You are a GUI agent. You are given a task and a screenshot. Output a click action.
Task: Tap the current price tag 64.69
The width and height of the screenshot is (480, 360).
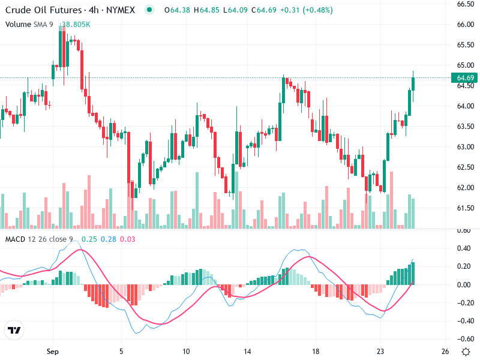(x=466, y=78)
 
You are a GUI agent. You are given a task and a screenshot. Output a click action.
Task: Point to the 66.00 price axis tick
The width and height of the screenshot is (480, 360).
(x=466, y=25)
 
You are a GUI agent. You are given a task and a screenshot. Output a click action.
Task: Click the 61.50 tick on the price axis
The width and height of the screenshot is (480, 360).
(x=466, y=208)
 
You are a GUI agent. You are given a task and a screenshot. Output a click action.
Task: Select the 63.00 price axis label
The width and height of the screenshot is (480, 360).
(x=466, y=147)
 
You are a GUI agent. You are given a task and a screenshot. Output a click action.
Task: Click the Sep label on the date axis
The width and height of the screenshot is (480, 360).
(x=53, y=350)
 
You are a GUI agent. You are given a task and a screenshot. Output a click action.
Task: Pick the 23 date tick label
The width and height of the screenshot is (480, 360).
(x=380, y=350)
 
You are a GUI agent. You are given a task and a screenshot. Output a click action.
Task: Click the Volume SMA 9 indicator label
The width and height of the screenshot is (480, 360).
(x=29, y=24)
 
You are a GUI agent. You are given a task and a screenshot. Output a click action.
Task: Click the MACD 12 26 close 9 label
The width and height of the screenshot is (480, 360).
(x=39, y=239)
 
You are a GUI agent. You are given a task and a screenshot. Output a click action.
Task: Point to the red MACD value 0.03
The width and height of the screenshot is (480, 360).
(x=128, y=239)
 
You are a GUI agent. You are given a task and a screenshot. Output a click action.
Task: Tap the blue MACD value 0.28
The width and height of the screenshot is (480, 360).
(x=109, y=239)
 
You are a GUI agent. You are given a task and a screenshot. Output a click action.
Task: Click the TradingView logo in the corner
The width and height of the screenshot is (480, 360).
(x=14, y=331)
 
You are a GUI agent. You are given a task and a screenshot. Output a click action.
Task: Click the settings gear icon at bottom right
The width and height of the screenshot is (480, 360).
(x=466, y=351)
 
